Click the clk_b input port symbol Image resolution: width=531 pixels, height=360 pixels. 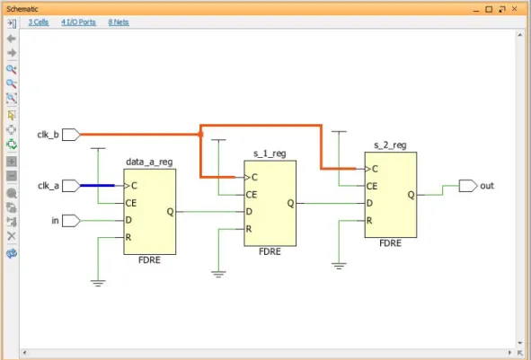[x=71, y=135]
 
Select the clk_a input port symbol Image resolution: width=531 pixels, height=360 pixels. [x=71, y=186]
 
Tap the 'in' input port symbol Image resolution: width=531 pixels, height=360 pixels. [x=71, y=221]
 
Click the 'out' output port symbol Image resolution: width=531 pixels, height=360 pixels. [x=468, y=186]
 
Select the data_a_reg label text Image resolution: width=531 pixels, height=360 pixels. [x=149, y=162]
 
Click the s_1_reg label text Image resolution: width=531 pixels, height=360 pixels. [x=270, y=154]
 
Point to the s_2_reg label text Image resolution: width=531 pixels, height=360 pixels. [x=390, y=145]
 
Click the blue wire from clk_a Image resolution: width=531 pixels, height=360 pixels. [x=97, y=186]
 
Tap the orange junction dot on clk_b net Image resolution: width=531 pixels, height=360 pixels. [x=200, y=135]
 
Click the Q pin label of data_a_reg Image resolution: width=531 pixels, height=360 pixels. [x=170, y=212]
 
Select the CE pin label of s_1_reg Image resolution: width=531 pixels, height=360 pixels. [x=252, y=195]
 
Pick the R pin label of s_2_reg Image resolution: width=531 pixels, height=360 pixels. [x=369, y=221]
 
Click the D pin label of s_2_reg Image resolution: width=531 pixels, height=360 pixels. [x=369, y=203]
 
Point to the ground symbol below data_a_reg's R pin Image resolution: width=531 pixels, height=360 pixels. [x=98, y=283]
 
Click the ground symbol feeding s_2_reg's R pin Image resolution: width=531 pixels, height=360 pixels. [x=339, y=266]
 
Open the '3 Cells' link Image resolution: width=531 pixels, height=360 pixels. [x=39, y=22]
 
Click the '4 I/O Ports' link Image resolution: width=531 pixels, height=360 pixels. [x=78, y=22]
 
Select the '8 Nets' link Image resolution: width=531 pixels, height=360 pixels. [x=119, y=22]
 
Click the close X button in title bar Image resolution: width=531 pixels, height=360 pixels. [x=515, y=9]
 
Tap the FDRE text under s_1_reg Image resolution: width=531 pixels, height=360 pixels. [x=270, y=251]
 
